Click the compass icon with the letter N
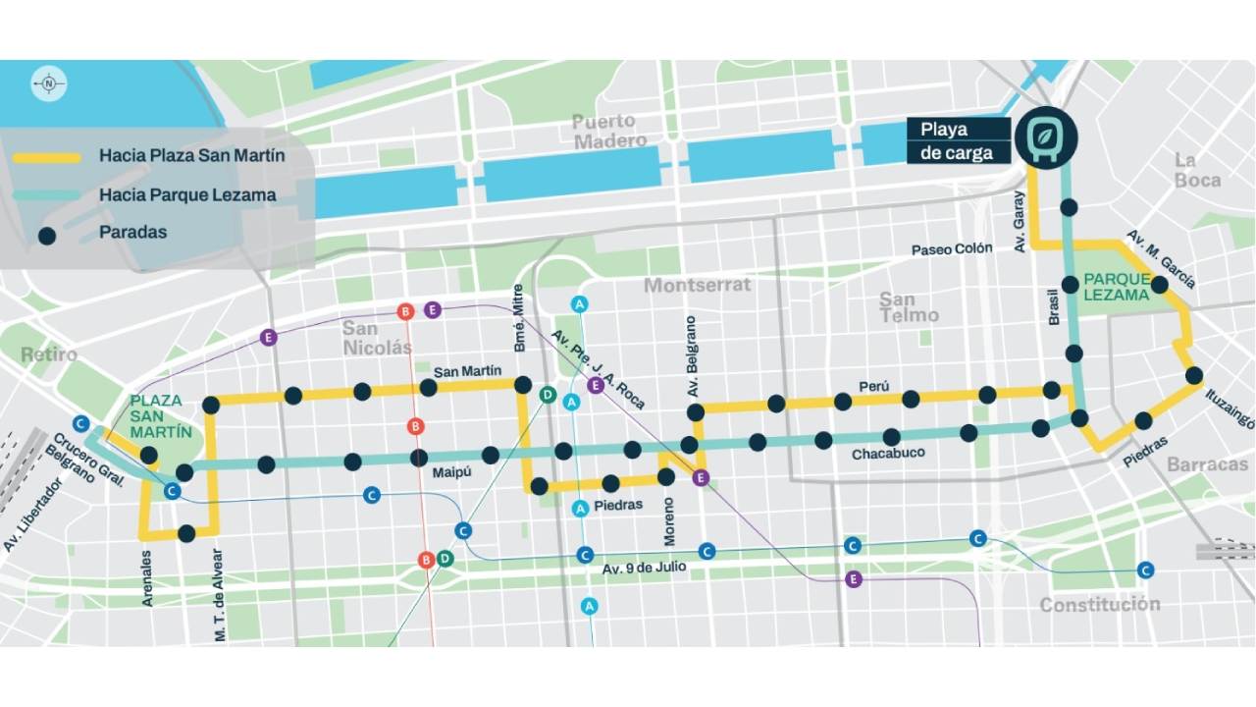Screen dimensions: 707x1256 click(48, 84)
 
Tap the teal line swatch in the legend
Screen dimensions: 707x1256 click(46, 195)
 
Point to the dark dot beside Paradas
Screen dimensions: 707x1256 click(46, 234)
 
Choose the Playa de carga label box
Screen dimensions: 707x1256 click(958, 140)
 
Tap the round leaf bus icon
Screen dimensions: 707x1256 click(1046, 138)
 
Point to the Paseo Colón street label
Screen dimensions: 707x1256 click(952, 249)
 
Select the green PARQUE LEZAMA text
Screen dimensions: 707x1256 click(1116, 287)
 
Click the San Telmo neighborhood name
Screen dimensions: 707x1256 click(910, 307)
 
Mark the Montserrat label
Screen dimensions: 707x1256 click(697, 285)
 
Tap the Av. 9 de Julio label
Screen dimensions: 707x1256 click(644, 567)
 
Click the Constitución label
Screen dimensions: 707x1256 click(1099, 604)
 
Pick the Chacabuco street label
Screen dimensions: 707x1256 click(887, 455)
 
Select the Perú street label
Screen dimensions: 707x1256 click(872, 386)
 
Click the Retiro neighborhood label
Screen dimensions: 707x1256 click(49, 354)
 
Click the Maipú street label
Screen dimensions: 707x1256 click(451, 472)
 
